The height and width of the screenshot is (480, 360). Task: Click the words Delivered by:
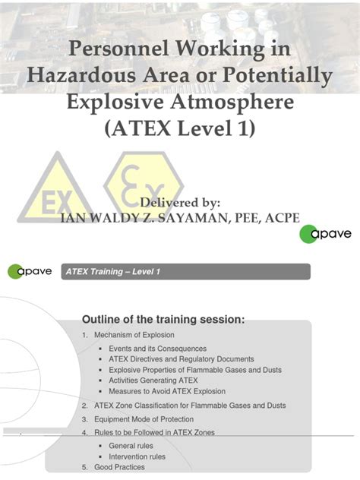[180, 203]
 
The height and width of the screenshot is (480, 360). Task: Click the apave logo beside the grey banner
[30, 271]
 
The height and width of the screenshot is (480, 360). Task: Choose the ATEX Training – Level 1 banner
[186, 271]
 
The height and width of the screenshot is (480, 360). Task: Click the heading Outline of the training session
[163, 319]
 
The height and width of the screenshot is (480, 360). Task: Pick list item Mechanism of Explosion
[134, 335]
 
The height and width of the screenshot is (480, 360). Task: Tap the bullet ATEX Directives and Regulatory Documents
[181, 359]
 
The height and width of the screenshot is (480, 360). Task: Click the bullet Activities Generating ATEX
[153, 381]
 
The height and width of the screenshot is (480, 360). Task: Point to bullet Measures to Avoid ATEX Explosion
[166, 391]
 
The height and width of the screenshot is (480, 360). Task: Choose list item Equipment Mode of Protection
[143, 419]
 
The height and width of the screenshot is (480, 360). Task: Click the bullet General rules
[131, 445]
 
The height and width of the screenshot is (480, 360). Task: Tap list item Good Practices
[118, 467]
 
